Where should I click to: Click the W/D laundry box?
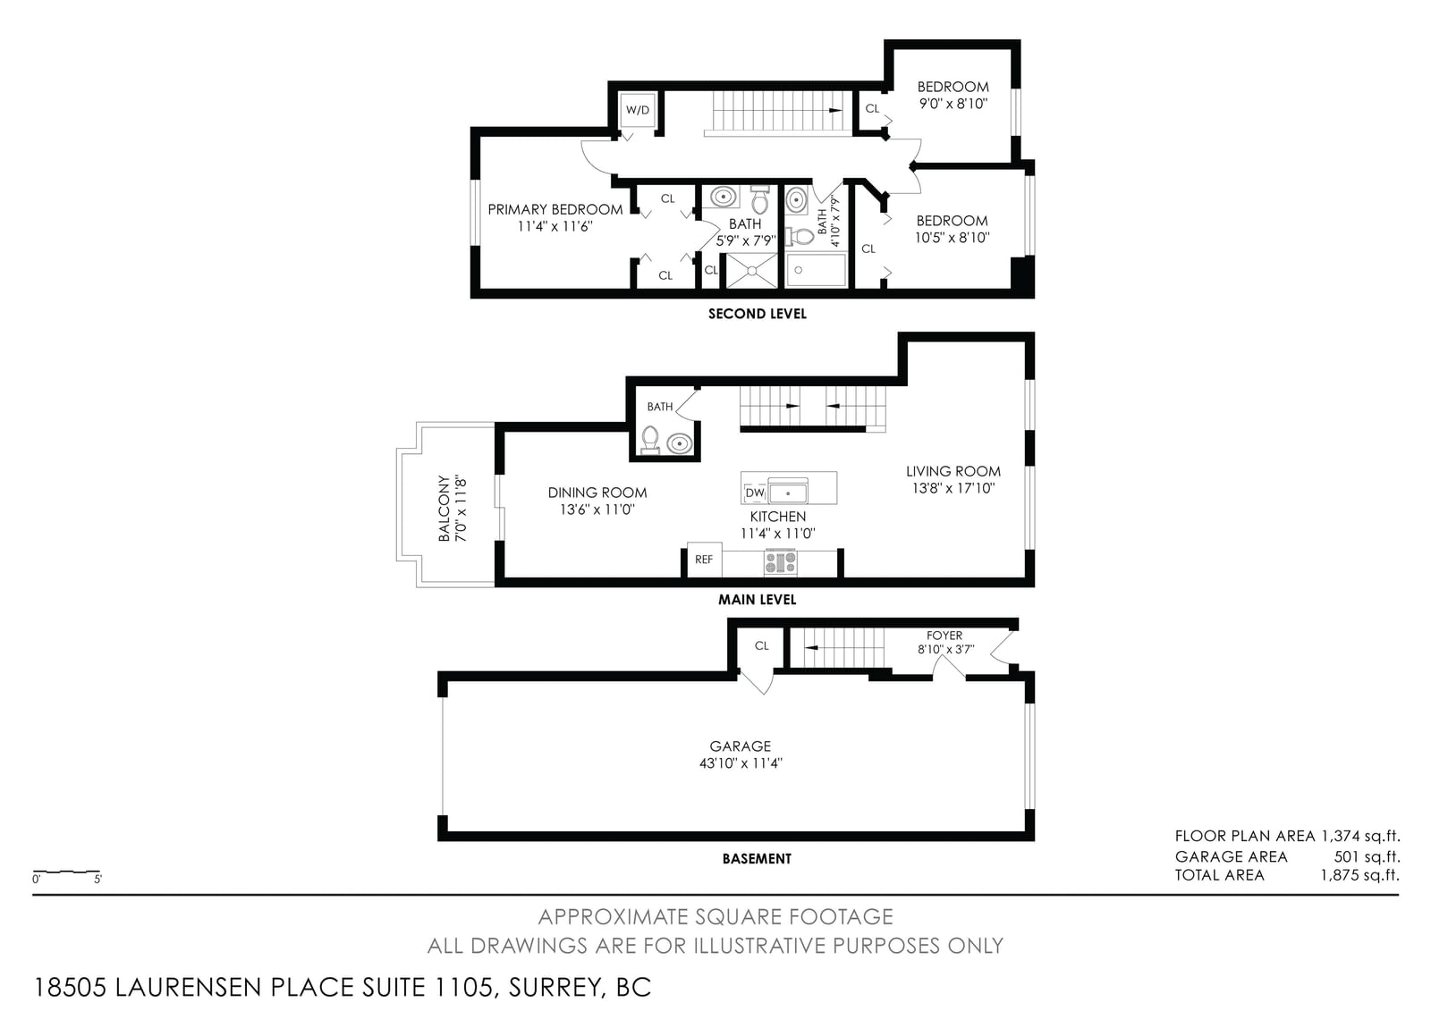[637, 110]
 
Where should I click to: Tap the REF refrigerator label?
[703, 560]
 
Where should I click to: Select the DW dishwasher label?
[755, 493]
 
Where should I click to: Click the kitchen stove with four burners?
[781, 562]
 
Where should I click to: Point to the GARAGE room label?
[741, 746]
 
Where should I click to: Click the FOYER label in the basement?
[944, 636]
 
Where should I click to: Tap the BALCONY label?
[444, 509]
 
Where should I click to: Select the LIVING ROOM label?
[953, 471]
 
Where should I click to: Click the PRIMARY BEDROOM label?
[555, 209]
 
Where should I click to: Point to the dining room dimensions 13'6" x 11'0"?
[597, 510]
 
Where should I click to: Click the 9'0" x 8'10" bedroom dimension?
[953, 104]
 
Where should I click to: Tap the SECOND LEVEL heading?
[757, 314]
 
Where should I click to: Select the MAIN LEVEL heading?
[757, 599]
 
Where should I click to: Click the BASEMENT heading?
[757, 858]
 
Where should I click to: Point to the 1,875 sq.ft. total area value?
[1359, 875]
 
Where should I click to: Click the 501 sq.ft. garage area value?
[1367, 856]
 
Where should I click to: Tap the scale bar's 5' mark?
[97, 880]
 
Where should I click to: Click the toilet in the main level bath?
[650, 440]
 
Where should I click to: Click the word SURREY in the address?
[555, 987]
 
